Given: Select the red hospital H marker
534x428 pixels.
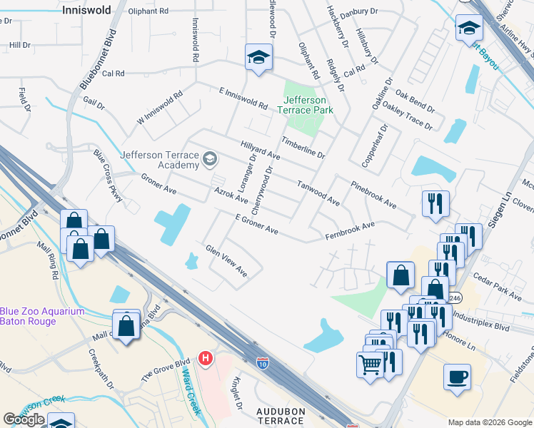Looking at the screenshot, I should (x=206, y=357).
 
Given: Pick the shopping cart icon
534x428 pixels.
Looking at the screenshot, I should (x=371, y=364).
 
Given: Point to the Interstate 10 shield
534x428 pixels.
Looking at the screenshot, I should (x=263, y=362).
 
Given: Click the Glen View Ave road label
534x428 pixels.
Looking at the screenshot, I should (x=226, y=261).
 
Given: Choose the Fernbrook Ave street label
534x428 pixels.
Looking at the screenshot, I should (x=350, y=230).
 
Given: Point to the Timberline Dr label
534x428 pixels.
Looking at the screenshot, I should (x=303, y=148).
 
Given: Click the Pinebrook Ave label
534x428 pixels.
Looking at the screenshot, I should (x=373, y=194).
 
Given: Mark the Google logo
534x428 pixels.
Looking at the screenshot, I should (x=24, y=419).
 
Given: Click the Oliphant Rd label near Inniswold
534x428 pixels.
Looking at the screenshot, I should (x=148, y=12).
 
